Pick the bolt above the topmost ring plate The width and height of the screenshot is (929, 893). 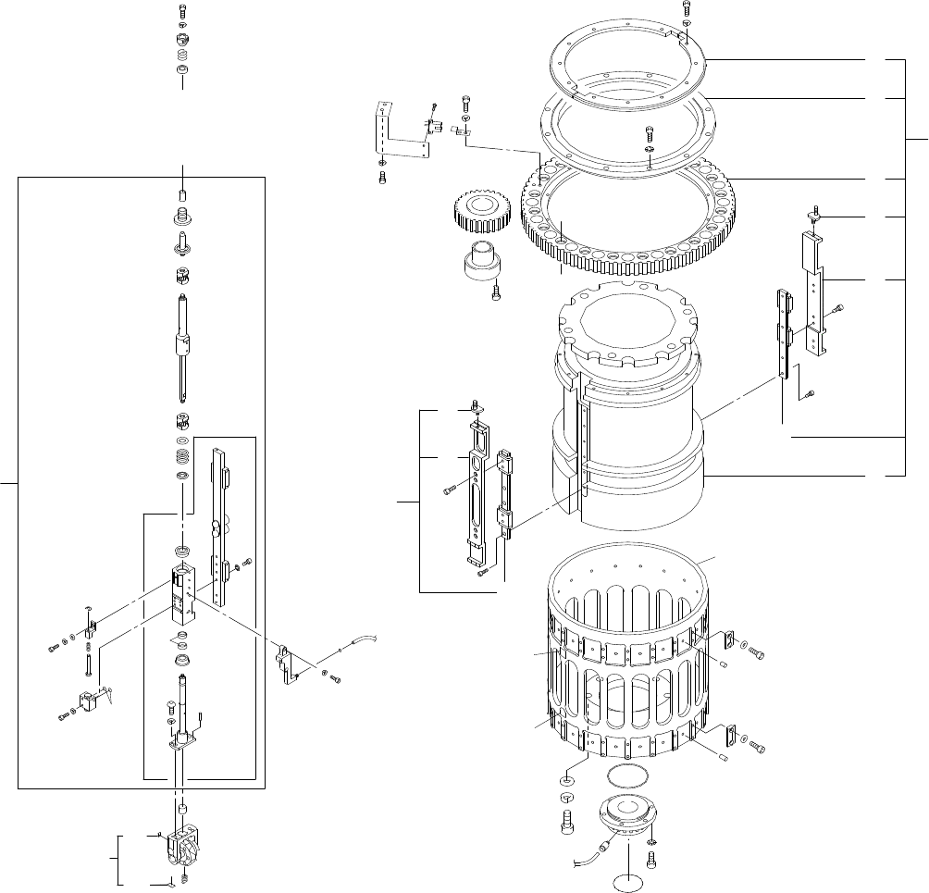(x=686, y=9)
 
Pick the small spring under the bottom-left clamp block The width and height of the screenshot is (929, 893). (x=184, y=875)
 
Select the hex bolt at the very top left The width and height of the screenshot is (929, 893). (x=182, y=11)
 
